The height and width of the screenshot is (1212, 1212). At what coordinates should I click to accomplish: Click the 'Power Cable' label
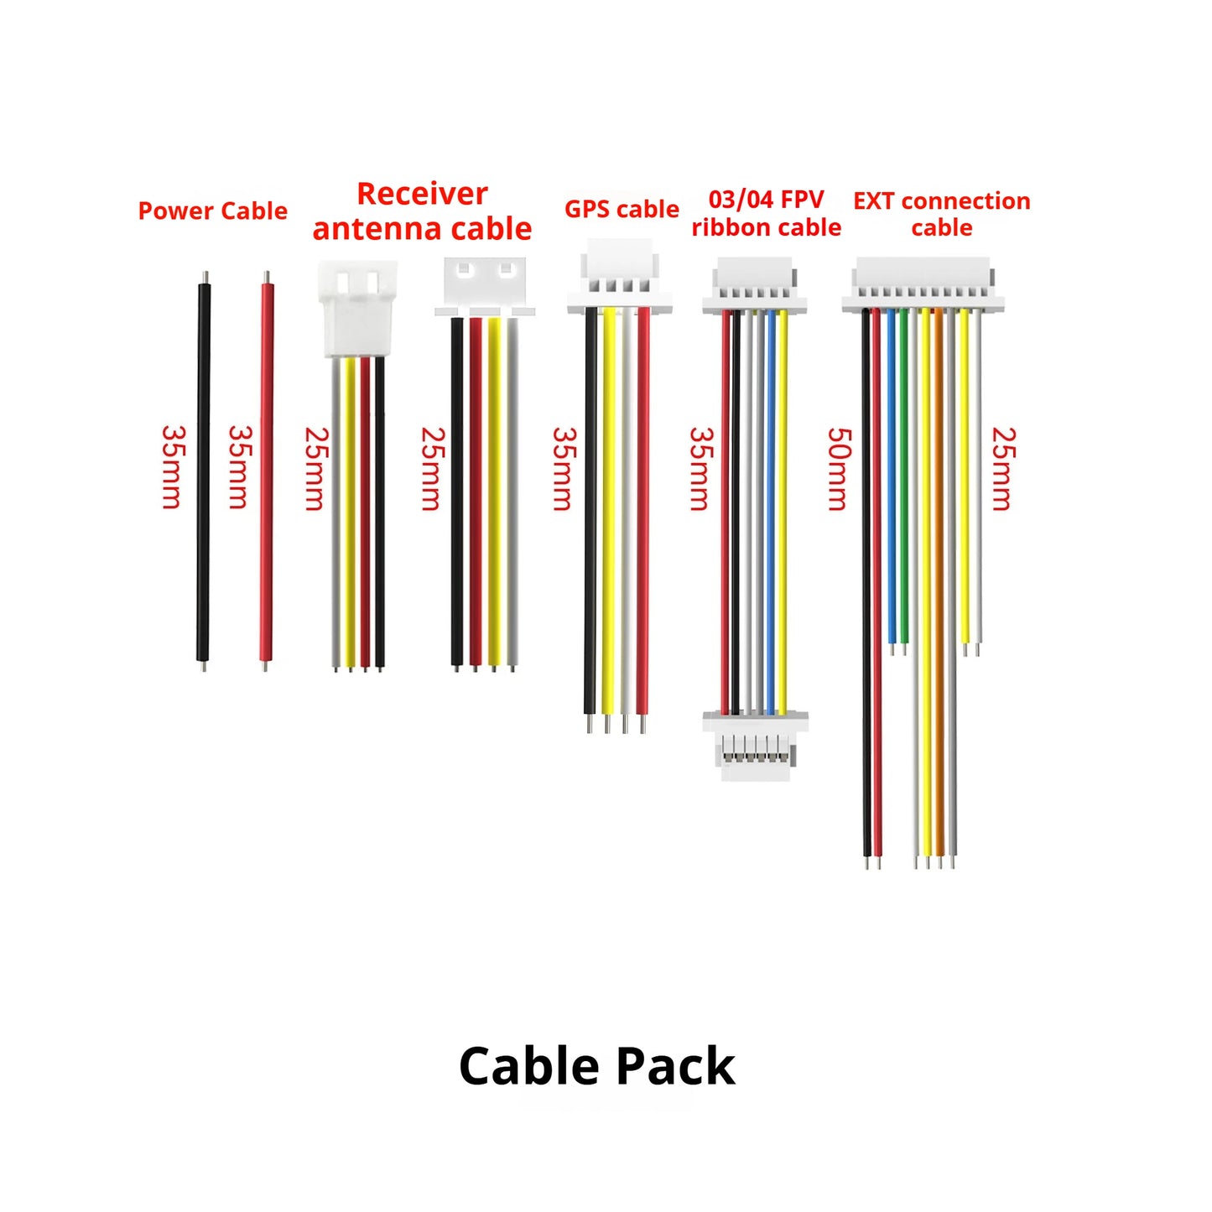pyautogui.click(x=212, y=211)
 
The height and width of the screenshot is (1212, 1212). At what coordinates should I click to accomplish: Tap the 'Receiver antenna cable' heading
pyautogui.click(x=422, y=211)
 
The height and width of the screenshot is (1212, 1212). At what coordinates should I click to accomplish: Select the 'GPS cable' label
pyautogui.click(x=622, y=209)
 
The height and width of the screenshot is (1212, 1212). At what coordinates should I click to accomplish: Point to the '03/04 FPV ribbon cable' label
pyautogui.click(x=766, y=213)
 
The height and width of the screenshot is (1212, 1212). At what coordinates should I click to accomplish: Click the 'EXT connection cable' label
pyautogui.click(x=942, y=214)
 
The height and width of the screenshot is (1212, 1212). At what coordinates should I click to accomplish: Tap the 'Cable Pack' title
pyautogui.click(x=597, y=1066)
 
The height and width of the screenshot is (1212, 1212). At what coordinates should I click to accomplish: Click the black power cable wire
pyautogui.click(x=203, y=471)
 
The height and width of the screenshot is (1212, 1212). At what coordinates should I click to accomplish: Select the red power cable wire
pyautogui.click(x=267, y=471)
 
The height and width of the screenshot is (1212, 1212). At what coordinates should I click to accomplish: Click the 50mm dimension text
pyautogui.click(x=840, y=469)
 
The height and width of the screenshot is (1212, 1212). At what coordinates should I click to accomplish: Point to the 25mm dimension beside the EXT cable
pyautogui.click(x=1004, y=469)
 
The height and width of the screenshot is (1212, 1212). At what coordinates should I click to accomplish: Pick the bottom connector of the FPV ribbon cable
pyautogui.click(x=756, y=746)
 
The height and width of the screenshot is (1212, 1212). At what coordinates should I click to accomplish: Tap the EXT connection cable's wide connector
pyautogui.click(x=923, y=284)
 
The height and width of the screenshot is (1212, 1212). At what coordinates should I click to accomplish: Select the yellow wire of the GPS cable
pyautogui.click(x=609, y=519)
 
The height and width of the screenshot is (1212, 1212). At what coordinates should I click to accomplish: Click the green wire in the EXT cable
pyautogui.click(x=904, y=481)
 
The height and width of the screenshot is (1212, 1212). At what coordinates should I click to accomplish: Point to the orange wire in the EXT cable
pyautogui.click(x=939, y=588)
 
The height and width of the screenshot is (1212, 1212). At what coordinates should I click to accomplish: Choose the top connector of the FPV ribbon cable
pyautogui.click(x=755, y=285)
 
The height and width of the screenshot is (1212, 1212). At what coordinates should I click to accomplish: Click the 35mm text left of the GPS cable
pyautogui.click(x=564, y=469)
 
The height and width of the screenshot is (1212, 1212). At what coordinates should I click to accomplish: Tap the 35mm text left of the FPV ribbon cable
pyautogui.click(x=701, y=469)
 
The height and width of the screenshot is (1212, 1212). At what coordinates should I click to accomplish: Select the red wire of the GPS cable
pyautogui.click(x=643, y=519)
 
